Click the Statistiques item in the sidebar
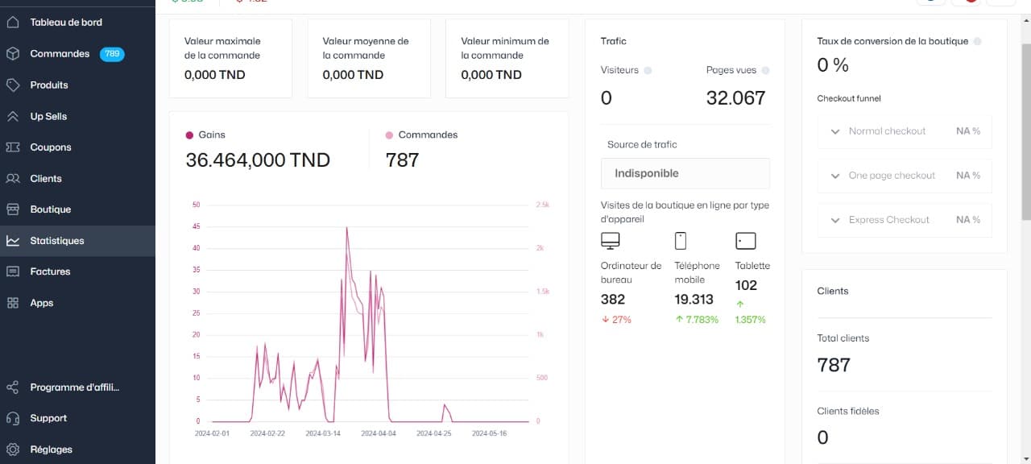[56, 241]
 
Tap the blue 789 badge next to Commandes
[112, 54]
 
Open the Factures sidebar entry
[50, 271]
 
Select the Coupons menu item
[51, 147]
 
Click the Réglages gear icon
[13, 449]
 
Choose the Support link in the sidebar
[48, 418]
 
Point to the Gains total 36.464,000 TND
[258, 160]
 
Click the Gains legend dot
[190, 135]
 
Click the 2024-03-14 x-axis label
[323, 433]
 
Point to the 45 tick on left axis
[197, 226]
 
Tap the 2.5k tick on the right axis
[542, 205]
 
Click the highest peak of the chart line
[347, 228]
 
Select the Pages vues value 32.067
[735, 98]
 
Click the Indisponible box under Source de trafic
[685, 173]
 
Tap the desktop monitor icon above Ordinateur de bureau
[611, 241]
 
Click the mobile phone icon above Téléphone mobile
[681, 241]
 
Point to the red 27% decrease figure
[616, 320]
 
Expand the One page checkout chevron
[835, 176]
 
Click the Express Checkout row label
[888, 220]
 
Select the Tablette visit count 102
[746, 285]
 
